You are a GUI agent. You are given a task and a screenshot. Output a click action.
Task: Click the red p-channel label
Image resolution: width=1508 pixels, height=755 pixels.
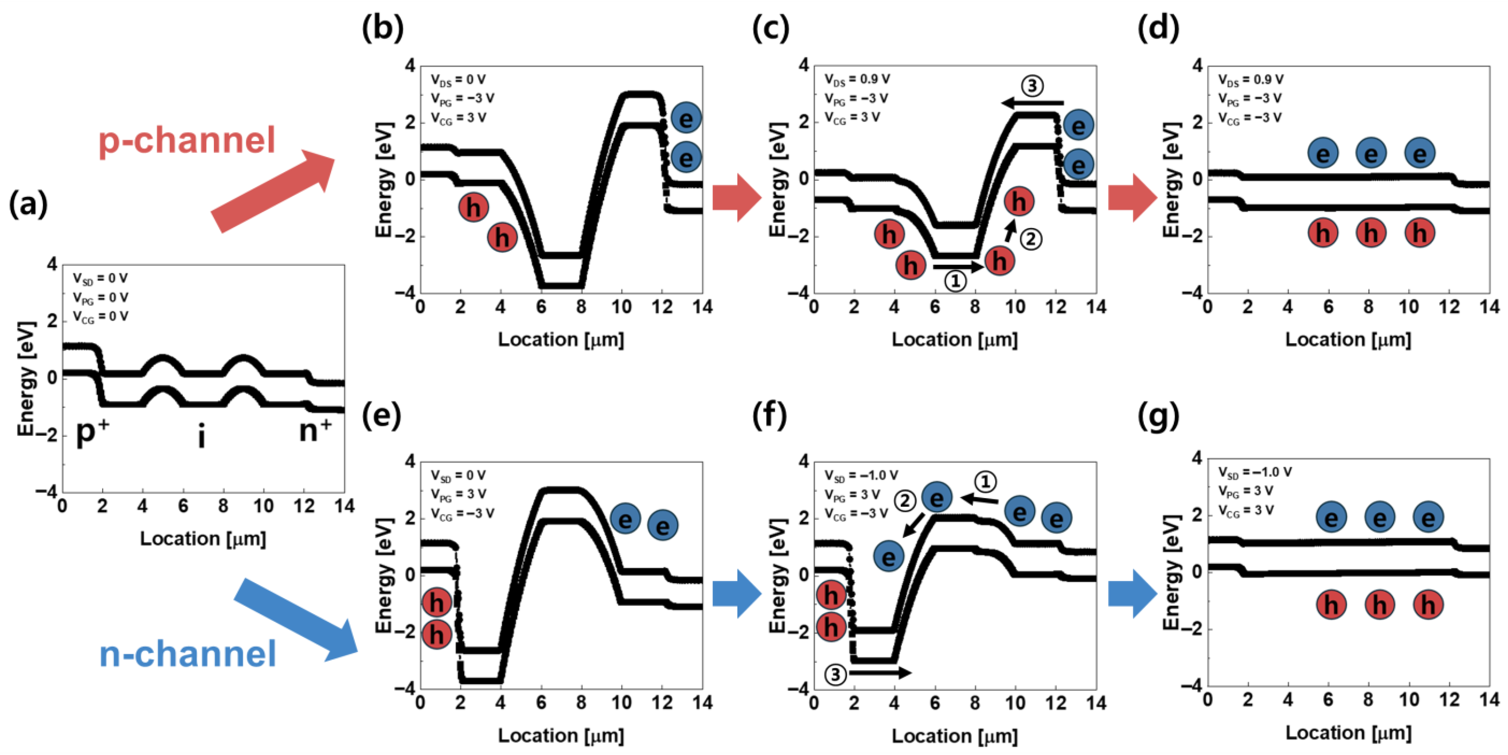pos(186,140)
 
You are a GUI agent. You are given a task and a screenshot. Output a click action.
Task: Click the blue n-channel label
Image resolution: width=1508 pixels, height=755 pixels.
pos(187,654)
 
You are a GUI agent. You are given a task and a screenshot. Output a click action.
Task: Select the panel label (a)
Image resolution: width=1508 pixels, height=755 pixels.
pos(28,205)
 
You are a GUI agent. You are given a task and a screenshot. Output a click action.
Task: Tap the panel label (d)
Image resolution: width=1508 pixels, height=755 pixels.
pos(1157,28)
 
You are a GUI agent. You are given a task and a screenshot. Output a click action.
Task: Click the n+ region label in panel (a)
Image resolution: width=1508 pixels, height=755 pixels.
pos(315,431)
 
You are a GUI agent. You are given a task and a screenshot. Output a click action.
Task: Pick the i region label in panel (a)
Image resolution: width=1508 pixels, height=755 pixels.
pos(201,437)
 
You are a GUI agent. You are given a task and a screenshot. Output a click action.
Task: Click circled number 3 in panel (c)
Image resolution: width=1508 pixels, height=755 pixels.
pos(1032,86)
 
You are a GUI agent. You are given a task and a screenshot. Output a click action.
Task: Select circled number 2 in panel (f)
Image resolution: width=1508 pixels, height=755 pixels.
pos(905,501)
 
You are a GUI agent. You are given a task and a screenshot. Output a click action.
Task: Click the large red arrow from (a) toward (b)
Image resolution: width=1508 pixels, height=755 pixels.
pos(272,191)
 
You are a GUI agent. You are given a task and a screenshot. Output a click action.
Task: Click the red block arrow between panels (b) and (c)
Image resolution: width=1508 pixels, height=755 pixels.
pos(736,198)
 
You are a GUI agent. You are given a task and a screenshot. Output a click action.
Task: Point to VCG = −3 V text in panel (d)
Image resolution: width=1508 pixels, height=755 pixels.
pos(1250,117)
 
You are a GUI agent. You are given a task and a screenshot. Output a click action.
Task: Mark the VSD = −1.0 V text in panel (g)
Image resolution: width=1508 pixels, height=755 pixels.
pos(1254,472)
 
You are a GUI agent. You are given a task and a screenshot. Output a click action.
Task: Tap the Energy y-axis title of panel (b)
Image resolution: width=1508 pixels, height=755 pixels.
pos(384,180)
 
